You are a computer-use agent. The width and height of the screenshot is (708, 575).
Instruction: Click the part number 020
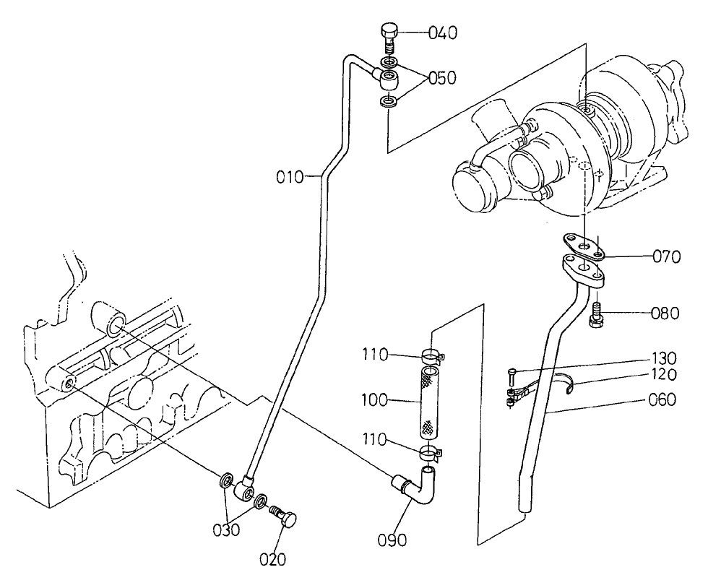point(272,558)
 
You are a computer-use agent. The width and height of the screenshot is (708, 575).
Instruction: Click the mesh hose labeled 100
point(428,402)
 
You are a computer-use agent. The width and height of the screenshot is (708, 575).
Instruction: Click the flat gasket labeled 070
point(584,248)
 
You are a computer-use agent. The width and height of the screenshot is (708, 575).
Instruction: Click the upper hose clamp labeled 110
point(431,355)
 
